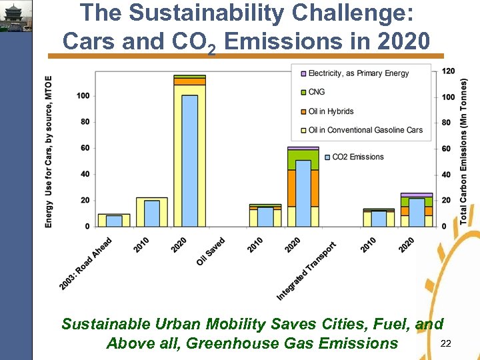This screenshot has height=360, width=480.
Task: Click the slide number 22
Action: click(x=446, y=343)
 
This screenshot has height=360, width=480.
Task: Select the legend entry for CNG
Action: click(x=317, y=92)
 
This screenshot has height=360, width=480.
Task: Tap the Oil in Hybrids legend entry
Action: click(x=331, y=111)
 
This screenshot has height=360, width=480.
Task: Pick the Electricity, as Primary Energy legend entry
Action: click(x=359, y=73)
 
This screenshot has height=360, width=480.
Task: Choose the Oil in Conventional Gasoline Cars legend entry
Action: click(x=365, y=130)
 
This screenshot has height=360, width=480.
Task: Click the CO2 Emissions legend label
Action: click(x=358, y=157)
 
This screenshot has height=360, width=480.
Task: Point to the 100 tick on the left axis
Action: click(x=83, y=96)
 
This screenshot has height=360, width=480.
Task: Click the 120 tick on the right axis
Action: click(x=448, y=71)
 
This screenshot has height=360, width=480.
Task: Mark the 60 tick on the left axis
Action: click(x=85, y=148)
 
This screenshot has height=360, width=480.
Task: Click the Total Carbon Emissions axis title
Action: click(x=464, y=151)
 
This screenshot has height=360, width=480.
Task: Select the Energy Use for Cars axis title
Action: click(x=49, y=151)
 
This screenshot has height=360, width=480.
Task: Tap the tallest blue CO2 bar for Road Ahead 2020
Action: click(x=190, y=160)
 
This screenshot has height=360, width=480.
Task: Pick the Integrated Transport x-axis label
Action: click(x=307, y=269)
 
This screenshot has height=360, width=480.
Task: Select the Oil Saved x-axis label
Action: click(x=211, y=251)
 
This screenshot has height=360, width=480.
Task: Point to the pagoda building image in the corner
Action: click(x=15, y=16)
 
